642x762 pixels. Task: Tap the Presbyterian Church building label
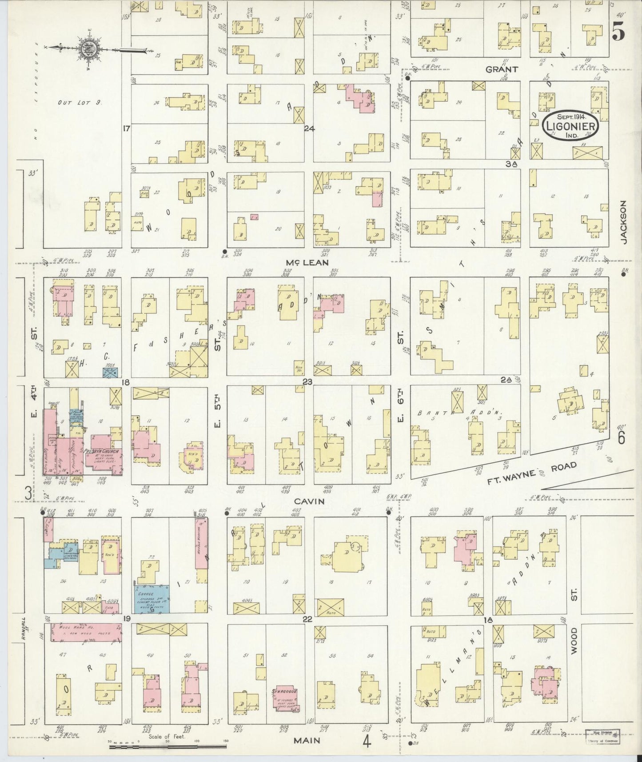point(100,451)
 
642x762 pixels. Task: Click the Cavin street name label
point(309,501)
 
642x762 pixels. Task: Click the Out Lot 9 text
point(80,103)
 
